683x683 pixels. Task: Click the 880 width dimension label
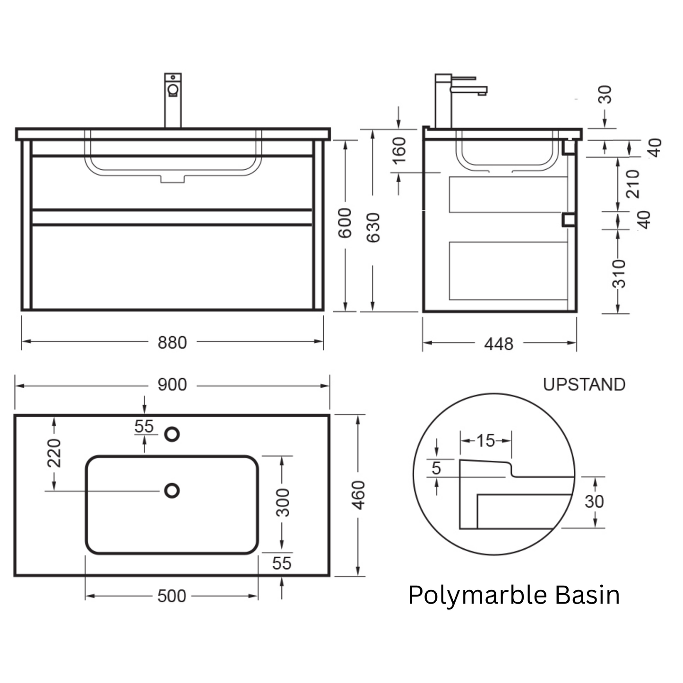pyautogui.click(x=172, y=343)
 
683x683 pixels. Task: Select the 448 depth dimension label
pyautogui.click(x=499, y=344)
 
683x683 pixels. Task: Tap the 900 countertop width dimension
pyautogui.click(x=172, y=385)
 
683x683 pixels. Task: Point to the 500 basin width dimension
pyautogui.click(x=172, y=596)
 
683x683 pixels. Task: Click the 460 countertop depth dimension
pyautogui.click(x=359, y=495)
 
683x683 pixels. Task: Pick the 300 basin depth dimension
pyautogui.click(x=283, y=502)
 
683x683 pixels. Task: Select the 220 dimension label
pyautogui.click(x=54, y=453)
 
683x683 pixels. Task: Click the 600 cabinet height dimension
pyautogui.click(x=345, y=223)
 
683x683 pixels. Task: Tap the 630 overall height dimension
pyautogui.click(x=373, y=228)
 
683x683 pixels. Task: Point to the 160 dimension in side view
pyautogui.click(x=399, y=151)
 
